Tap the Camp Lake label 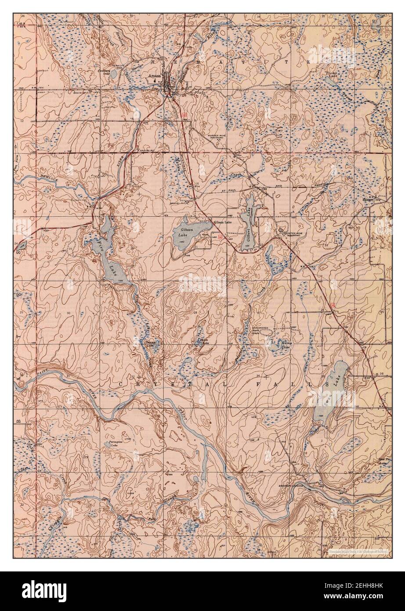pos(286,345)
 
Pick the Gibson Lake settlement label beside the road pos(222,222)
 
